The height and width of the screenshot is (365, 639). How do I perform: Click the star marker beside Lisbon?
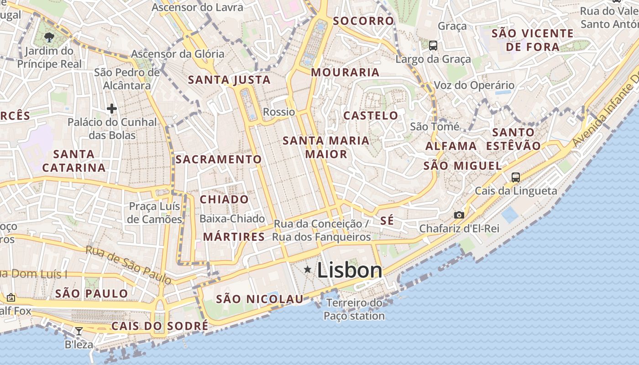click(308, 270)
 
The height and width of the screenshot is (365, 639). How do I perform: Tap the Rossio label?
click(279, 112)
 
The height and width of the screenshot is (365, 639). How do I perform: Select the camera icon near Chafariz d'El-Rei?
click(459, 215)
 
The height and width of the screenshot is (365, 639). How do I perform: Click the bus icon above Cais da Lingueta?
click(516, 177)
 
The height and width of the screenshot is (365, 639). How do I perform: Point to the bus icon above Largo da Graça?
click(433, 46)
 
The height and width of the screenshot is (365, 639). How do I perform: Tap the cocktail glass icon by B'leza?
click(79, 331)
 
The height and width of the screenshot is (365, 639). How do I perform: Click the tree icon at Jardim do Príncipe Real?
click(49, 37)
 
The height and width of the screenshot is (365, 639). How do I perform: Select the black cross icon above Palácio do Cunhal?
click(112, 109)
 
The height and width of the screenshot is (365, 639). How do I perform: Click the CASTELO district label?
click(371, 115)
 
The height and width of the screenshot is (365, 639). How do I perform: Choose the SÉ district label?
click(387, 221)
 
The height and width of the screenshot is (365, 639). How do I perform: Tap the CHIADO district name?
click(224, 199)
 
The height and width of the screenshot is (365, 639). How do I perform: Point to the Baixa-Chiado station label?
click(232, 219)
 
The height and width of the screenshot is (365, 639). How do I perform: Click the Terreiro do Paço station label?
click(354, 309)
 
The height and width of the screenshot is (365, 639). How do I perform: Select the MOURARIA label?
click(345, 72)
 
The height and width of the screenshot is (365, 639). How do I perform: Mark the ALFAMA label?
click(451, 146)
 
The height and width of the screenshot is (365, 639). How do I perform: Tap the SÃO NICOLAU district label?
click(259, 299)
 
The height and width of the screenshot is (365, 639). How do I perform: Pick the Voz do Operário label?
click(474, 85)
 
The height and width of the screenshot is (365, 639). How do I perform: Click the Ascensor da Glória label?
click(178, 54)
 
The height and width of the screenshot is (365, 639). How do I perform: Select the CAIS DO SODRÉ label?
click(160, 326)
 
